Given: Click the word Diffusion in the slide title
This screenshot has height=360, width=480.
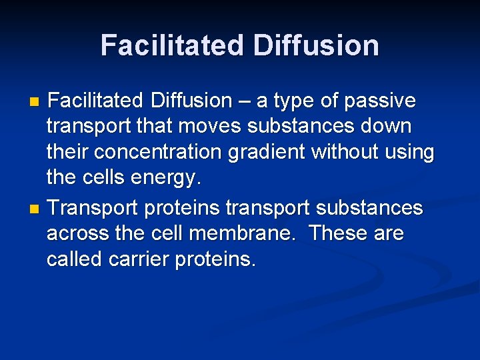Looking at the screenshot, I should (x=316, y=45).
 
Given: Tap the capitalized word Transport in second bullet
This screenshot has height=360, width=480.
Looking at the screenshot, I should (x=93, y=209).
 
